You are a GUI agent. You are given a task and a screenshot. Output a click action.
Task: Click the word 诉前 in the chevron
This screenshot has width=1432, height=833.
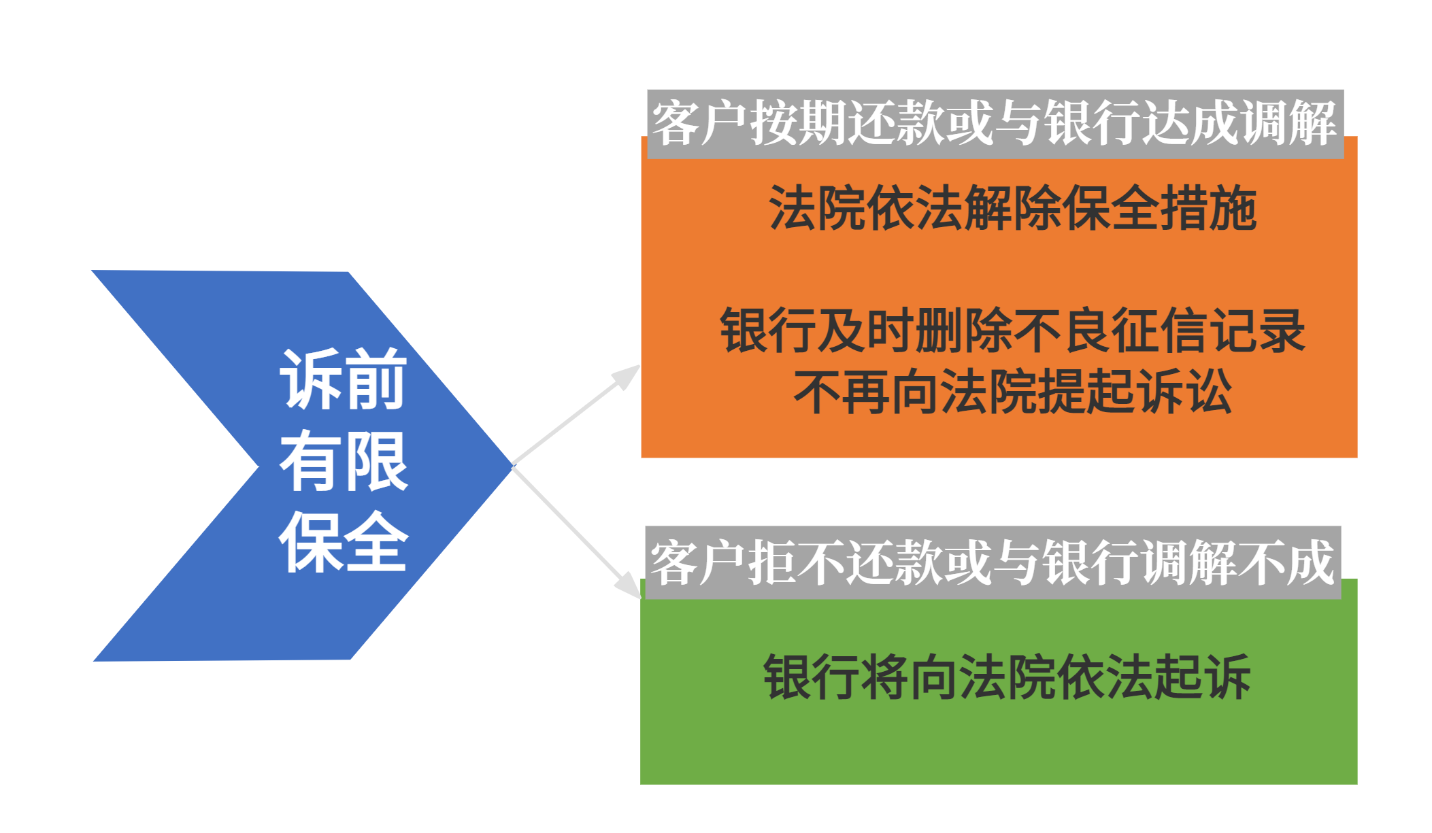(344, 379)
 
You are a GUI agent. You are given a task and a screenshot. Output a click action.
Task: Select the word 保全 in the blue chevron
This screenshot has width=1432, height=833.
(344, 542)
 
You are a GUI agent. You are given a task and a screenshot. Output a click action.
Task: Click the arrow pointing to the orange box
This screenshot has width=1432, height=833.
(576, 415)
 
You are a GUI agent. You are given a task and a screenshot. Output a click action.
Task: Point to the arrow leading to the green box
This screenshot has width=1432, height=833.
(577, 532)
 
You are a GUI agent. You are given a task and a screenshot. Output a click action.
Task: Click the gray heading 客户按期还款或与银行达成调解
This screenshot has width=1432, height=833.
(995, 123)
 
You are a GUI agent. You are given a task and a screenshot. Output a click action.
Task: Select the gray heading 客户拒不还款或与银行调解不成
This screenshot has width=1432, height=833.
(993, 562)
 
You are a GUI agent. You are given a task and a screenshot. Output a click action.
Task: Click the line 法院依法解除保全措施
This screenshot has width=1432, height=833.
(1012, 208)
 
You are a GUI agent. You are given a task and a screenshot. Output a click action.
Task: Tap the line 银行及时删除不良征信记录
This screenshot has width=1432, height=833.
(1012, 330)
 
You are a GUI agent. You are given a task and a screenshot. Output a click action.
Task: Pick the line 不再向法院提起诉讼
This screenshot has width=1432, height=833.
(1012, 391)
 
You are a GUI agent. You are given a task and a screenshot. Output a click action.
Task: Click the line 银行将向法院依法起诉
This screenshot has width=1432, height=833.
(1007, 677)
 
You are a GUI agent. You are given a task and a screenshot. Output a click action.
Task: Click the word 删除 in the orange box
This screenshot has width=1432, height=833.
(964, 330)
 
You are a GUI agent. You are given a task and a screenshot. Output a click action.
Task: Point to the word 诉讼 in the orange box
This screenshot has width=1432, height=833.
(1184, 391)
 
